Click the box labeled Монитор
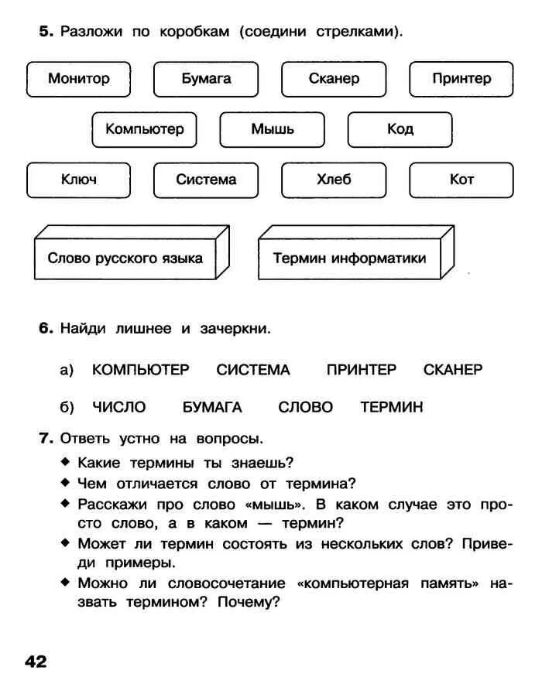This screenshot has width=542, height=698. [78, 79]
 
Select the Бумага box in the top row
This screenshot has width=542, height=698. [206, 79]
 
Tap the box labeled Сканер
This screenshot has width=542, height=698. [334, 79]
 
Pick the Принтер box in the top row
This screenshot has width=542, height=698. [461, 79]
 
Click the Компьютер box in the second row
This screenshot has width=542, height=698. [144, 129]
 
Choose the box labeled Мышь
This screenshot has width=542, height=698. [272, 129]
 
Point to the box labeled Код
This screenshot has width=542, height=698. [400, 129]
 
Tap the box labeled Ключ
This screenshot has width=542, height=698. [78, 180]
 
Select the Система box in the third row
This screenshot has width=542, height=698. [206, 180]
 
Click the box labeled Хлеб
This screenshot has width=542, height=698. [334, 180]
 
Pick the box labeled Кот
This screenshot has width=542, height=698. [461, 180]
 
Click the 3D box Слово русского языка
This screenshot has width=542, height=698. [125, 258]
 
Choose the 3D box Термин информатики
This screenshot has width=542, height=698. [349, 258]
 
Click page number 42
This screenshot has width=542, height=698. [36, 662]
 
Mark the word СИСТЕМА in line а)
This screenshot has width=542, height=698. [253, 370]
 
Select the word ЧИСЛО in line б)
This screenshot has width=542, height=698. [118, 407]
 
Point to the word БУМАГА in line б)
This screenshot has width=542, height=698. [212, 407]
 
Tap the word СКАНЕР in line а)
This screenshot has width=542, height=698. [453, 370]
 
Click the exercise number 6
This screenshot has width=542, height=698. [45, 329]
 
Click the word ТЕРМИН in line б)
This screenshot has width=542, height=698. [392, 407]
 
